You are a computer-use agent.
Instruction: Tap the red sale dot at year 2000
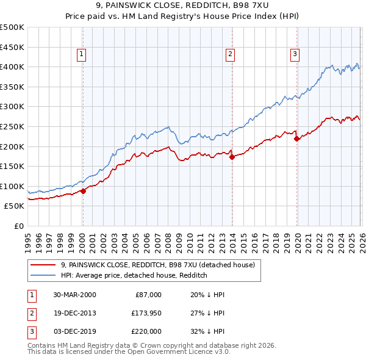[x=84, y=191]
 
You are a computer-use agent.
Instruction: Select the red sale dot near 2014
[x=232, y=157]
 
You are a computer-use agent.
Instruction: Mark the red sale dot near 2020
[x=296, y=139]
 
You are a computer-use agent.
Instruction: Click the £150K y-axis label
[x=12, y=166]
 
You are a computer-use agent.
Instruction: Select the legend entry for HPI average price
[x=134, y=275]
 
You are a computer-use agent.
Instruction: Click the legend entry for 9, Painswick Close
[x=161, y=265]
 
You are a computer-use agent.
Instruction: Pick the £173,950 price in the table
[x=145, y=313]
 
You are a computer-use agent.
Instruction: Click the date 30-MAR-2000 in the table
[x=74, y=295]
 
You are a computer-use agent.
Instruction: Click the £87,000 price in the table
[x=148, y=295]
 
